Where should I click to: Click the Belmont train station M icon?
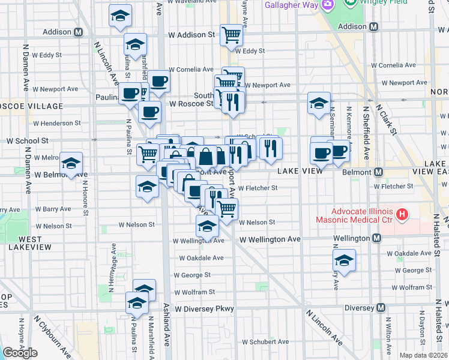tap(378, 172)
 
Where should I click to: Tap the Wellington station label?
tap(352, 239)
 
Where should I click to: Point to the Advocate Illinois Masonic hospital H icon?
tap(402, 214)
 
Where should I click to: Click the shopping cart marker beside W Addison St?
tap(231, 34)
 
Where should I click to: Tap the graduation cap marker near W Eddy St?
tap(135, 44)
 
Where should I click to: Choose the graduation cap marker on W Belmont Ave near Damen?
tap(71, 163)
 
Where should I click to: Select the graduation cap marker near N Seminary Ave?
tap(319, 103)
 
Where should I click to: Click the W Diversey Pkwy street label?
tap(204, 309)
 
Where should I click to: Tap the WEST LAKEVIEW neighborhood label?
tap(25, 243)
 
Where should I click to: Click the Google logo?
tap(20, 353)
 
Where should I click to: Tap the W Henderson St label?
tap(57, 123)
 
